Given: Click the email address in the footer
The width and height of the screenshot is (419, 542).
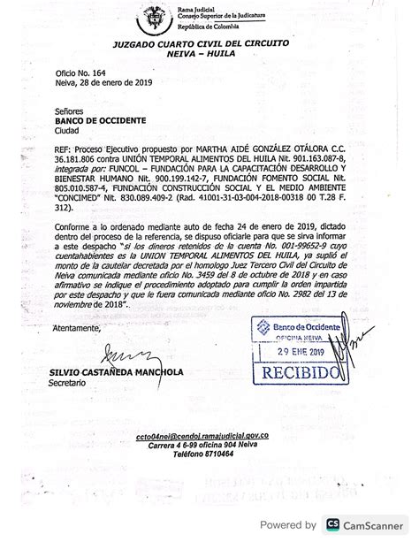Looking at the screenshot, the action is point(235,436).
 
